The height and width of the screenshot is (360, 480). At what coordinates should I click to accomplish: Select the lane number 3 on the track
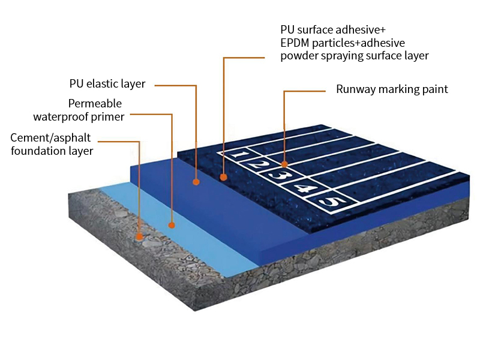point(277,175)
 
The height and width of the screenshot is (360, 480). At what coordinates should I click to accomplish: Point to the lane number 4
point(304,189)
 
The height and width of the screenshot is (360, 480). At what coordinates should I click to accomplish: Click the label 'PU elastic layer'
point(107,83)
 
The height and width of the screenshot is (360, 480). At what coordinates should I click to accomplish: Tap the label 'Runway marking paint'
point(391,89)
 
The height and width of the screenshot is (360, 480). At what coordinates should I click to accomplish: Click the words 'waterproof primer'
point(79,116)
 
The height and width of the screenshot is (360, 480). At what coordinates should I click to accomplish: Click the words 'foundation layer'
point(52,151)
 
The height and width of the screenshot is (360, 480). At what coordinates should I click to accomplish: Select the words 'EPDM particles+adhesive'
point(342,43)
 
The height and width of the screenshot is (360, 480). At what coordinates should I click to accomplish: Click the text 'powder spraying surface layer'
point(354,56)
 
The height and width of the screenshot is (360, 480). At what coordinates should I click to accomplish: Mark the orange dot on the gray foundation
point(139,236)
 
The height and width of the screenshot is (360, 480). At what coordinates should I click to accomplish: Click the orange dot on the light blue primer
point(172,226)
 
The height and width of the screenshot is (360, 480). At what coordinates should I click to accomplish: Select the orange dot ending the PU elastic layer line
point(196,181)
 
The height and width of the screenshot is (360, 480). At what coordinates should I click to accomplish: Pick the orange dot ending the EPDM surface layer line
point(223,177)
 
